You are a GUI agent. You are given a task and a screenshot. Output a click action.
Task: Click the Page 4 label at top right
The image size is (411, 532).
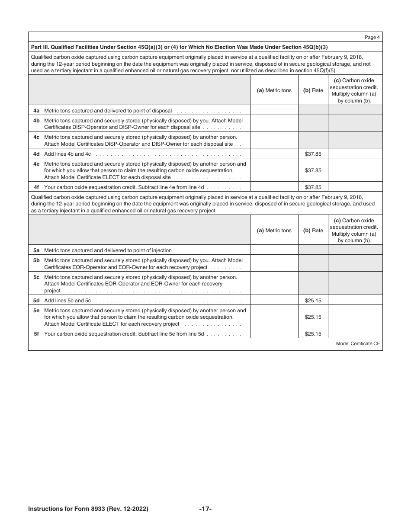coord(372,38)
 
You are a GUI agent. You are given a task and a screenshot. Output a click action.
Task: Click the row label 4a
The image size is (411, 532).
coord(36,110)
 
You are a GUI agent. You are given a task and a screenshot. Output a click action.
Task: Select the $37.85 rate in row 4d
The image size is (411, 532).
coord(313,154)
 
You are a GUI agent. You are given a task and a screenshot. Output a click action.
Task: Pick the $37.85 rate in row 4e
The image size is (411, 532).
coord(313,170)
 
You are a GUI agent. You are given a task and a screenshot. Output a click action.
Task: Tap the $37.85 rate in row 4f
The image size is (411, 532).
coord(313,187)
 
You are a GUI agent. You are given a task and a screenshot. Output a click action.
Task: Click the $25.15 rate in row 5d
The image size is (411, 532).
coord(313,300)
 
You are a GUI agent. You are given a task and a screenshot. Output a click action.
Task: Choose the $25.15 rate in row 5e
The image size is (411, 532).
coord(313,317)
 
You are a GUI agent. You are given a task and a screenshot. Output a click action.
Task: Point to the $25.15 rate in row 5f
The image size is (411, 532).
coord(313,334)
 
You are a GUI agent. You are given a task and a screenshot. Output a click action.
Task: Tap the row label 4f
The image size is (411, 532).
coord(36,187)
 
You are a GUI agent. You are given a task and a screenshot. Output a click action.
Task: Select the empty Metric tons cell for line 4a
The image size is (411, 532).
coord(274,110)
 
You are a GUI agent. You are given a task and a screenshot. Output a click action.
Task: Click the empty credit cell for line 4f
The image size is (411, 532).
coord(355,187)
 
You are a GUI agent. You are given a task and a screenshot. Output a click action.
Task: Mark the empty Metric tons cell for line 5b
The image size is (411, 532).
coord(274,263)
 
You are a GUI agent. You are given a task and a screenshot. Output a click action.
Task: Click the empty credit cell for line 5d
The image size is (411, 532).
coord(355,300)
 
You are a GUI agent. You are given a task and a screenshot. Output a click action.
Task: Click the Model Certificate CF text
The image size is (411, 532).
coord(358,344)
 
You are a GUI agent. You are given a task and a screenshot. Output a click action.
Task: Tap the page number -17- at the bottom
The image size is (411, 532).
coord(205,509)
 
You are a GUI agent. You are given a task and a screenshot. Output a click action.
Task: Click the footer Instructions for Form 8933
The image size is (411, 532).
coord(88,509)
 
